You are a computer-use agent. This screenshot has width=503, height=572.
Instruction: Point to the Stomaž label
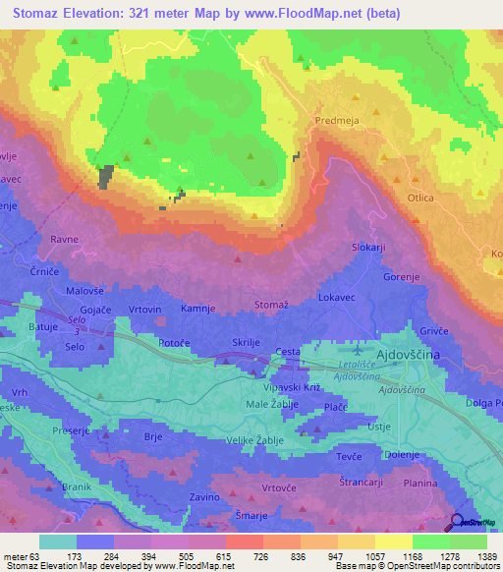272,307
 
